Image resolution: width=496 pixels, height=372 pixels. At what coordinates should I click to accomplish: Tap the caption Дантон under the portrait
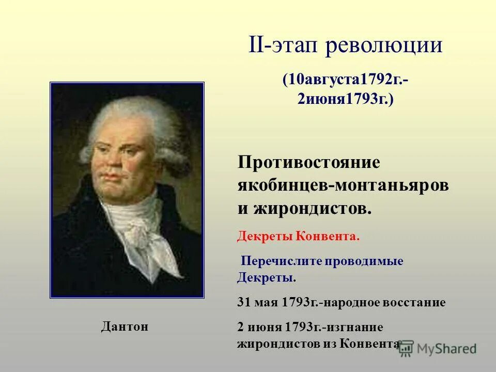click(x=124, y=327)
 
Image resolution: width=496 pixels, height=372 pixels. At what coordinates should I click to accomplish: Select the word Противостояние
click(x=309, y=163)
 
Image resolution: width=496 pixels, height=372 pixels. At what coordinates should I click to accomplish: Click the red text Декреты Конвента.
click(x=298, y=237)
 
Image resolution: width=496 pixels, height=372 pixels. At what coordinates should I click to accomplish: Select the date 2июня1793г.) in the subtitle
click(x=345, y=99)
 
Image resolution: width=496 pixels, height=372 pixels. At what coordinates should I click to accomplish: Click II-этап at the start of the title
click(x=286, y=46)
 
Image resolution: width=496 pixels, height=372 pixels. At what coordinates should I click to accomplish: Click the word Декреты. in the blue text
click(x=267, y=277)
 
